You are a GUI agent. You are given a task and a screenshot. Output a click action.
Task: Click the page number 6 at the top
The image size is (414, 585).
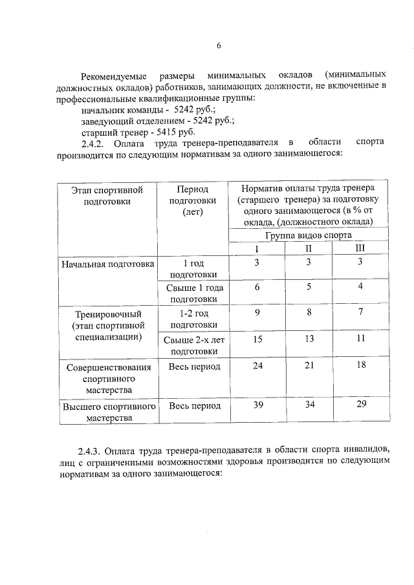[x=218, y=45]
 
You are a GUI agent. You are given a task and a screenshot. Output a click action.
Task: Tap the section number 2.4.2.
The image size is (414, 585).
[x=97, y=142]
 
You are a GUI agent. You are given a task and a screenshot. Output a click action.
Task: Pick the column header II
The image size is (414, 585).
[x=309, y=248]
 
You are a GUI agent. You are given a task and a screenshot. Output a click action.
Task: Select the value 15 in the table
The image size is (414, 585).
[x=257, y=338]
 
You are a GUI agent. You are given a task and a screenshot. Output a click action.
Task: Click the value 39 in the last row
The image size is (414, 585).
[x=257, y=405]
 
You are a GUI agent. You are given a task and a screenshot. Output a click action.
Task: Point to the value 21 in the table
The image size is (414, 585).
[x=309, y=366]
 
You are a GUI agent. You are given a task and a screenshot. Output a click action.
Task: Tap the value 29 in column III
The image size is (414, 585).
[x=360, y=405]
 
